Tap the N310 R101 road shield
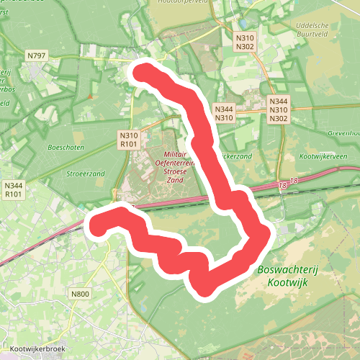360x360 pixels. [130, 140]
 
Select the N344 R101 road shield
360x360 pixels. [14, 190]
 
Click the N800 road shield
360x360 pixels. [80, 294]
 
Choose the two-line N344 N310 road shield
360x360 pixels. [223, 113]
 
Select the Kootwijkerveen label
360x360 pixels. [323, 156]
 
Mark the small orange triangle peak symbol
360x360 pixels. [89, 96]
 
